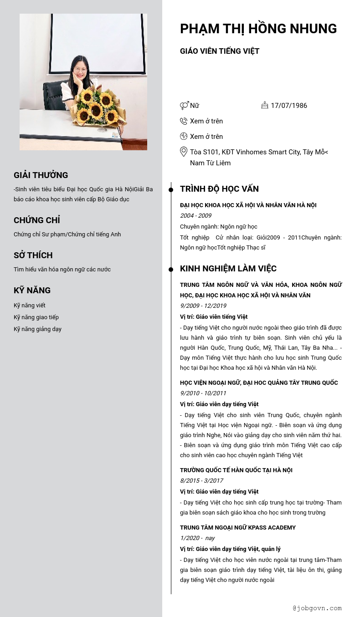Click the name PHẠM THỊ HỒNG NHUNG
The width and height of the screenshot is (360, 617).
(258, 29)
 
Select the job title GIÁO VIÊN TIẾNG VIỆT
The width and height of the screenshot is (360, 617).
(220, 51)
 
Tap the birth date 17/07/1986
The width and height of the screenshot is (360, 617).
(289, 106)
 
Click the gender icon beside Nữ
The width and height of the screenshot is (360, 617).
(184, 106)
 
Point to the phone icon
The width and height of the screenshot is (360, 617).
(184, 121)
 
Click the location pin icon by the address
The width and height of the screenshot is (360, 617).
(184, 152)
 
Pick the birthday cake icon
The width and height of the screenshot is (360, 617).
(265, 105)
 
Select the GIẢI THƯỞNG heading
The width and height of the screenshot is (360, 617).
(41, 175)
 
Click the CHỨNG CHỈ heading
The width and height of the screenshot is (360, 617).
(37, 220)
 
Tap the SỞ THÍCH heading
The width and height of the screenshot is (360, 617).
(33, 255)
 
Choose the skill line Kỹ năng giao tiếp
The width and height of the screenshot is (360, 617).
(36, 317)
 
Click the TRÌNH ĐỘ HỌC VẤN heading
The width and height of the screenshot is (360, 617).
(219, 189)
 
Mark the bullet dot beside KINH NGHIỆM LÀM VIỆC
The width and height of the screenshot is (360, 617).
(171, 270)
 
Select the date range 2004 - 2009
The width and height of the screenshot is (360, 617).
(195, 216)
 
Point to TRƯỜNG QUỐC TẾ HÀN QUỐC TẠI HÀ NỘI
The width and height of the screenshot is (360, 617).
(236, 470)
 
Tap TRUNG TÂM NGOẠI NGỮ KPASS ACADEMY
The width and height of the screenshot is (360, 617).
(238, 528)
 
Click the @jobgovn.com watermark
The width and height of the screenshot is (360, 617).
(317, 608)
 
